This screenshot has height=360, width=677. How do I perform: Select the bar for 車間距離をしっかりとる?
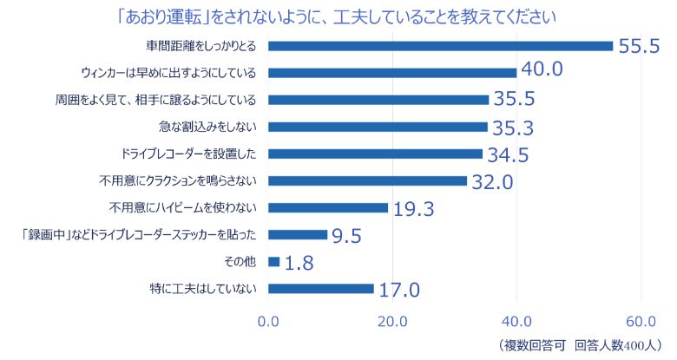click(441, 46)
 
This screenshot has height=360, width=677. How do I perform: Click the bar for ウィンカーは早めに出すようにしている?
click(392, 73)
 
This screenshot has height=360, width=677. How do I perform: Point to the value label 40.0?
click(542, 69)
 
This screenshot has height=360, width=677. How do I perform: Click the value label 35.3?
click(512, 129)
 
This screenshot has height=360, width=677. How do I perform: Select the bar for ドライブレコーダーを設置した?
click(376, 154)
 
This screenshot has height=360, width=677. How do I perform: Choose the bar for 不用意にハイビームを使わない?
click(328, 207)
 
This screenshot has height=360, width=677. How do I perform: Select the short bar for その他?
click(274, 261)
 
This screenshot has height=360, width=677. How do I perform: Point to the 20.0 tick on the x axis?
click(393, 321)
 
